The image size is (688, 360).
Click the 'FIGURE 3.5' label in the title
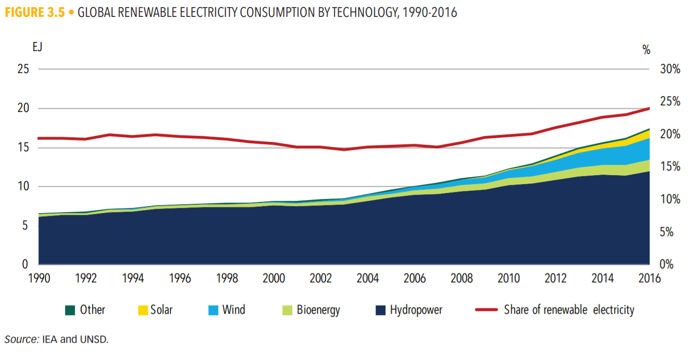(35, 13)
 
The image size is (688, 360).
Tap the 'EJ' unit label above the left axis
(37, 47)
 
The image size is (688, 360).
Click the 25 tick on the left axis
(24, 69)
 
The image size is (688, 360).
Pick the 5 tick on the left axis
(27, 226)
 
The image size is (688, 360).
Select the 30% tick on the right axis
(670, 69)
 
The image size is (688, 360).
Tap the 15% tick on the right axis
(670, 167)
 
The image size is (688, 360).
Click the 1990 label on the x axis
(39, 279)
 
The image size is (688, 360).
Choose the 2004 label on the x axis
(368, 279)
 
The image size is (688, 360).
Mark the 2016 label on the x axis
(649, 279)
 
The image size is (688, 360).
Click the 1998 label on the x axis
(227, 279)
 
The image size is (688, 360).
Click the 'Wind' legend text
(233, 310)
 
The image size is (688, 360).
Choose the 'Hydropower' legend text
(416, 310)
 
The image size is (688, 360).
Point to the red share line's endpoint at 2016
(649, 108)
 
